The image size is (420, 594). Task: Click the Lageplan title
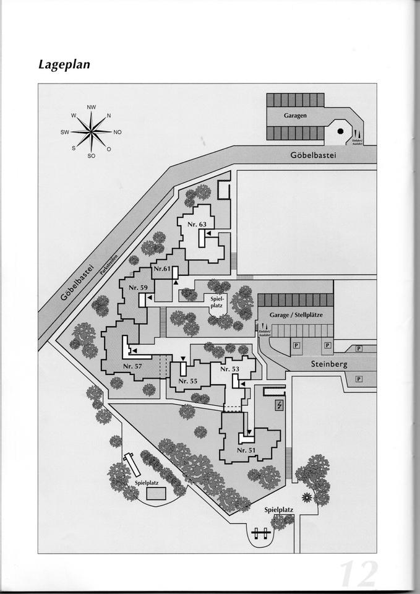64,64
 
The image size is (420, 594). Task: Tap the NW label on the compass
92,108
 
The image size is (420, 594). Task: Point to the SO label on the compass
91,156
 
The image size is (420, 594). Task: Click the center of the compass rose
91,132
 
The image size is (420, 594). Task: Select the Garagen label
296,116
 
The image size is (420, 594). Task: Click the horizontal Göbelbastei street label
313,155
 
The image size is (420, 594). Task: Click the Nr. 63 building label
197,224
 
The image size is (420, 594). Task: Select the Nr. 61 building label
162,269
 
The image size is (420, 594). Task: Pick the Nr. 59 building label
138,288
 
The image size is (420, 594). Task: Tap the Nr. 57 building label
132,366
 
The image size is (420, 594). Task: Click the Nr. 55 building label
188,381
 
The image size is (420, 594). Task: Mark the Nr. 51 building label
246,450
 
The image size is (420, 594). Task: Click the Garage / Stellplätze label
295,315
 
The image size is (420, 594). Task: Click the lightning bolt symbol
280,405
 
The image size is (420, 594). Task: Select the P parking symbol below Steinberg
358,379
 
